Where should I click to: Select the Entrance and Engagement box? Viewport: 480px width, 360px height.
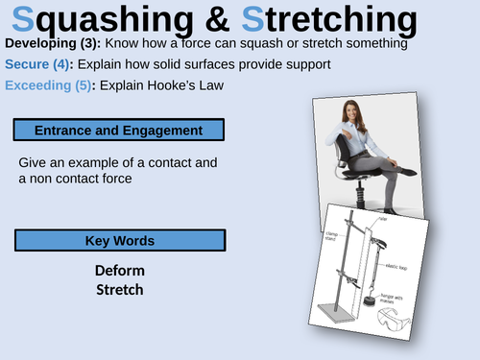[x=120, y=130]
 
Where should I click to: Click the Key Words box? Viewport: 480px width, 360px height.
[x=120, y=240]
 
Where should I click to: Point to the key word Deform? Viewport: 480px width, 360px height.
[x=120, y=271]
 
